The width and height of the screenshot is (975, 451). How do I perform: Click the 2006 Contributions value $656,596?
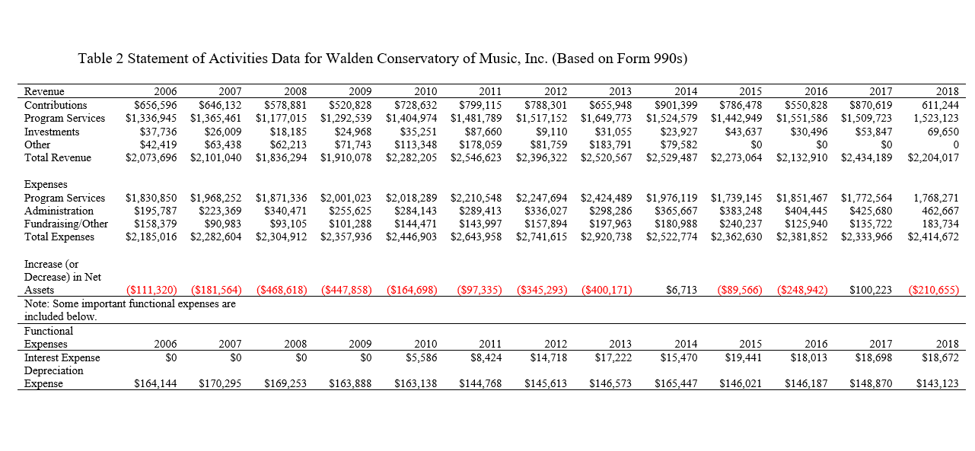(x=155, y=105)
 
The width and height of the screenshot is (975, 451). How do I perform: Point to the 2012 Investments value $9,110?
(x=550, y=132)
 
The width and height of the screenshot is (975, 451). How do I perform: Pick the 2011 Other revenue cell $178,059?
(x=480, y=145)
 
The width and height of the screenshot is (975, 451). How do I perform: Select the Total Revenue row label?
(x=58, y=158)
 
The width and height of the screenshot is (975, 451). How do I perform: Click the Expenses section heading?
(x=46, y=184)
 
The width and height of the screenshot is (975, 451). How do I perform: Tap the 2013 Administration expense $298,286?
(x=610, y=211)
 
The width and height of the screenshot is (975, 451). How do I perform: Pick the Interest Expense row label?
(x=62, y=357)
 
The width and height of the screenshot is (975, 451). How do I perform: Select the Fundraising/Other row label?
(x=66, y=224)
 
